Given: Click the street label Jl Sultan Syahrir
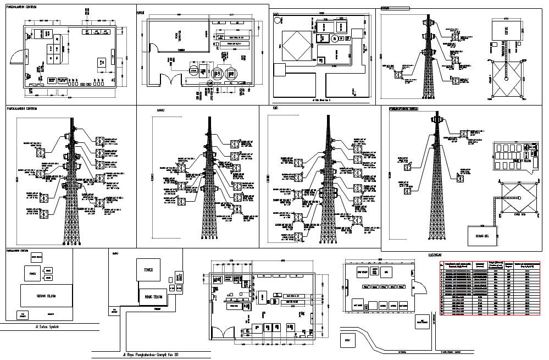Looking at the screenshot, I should tap(46, 327).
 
